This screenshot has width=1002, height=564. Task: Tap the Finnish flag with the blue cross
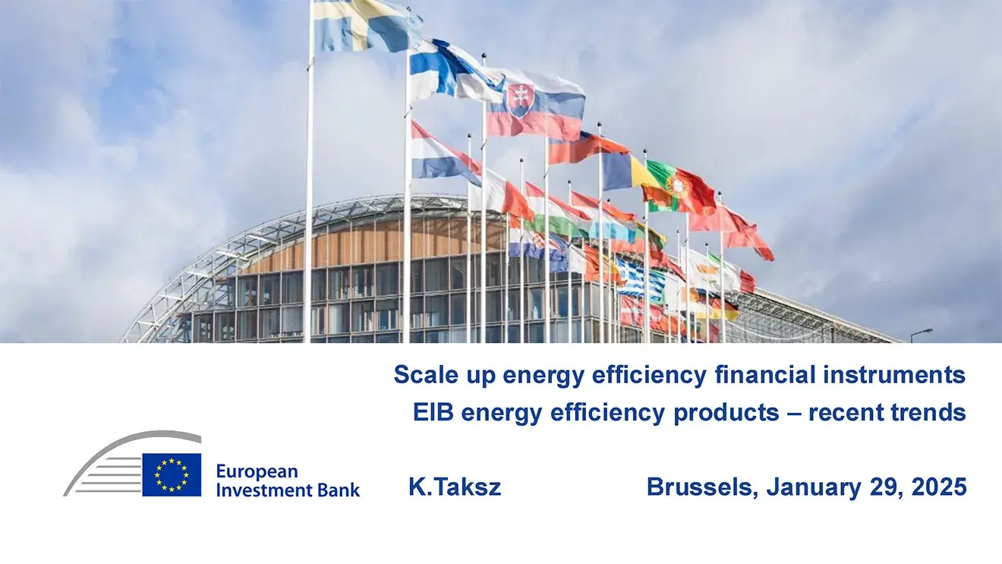click(454, 71)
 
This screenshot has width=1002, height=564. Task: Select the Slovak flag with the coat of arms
click(535, 104)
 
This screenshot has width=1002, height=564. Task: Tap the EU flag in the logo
click(172, 474)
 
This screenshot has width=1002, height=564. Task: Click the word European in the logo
click(257, 471)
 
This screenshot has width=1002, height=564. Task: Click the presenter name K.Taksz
click(455, 487)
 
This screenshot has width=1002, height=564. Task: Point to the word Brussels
click(702, 487)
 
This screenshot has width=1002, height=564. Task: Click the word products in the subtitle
click(726, 413)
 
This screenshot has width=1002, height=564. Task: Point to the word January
click(814, 487)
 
